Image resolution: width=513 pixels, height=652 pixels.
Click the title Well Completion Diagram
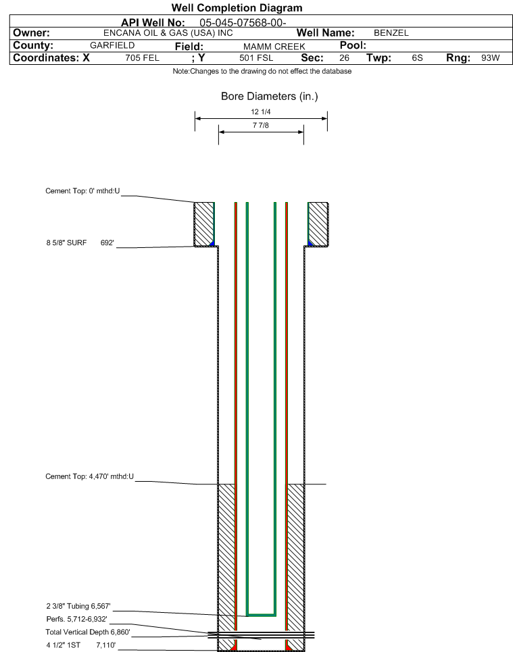(x=237, y=8)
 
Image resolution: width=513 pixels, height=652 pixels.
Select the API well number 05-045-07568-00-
(x=243, y=22)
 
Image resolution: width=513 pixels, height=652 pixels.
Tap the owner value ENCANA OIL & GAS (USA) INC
(x=168, y=33)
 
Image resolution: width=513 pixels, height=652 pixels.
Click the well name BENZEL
(x=391, y=33)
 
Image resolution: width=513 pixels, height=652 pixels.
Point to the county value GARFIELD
(x=112, y=45)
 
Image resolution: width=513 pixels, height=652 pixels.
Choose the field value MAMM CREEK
(x=274, y=47)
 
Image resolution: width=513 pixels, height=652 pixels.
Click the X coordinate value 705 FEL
(x=143, y=58)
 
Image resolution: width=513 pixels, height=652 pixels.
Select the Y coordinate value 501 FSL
(x=256, y=58)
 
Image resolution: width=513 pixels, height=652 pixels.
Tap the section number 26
(x=345, y=58)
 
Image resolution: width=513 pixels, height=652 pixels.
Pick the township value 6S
(x=417, y=58)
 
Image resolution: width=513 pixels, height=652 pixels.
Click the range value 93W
(x=491, y=58)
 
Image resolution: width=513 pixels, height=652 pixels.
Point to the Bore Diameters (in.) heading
(x=269, y=97)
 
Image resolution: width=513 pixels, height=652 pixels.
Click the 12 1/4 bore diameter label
(x=261, y=112)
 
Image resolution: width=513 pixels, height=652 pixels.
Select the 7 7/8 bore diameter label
(x=261, y=125)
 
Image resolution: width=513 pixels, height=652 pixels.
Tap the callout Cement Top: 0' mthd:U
(x=82, y=191)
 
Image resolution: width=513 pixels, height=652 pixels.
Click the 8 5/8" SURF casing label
(x=66, y=243)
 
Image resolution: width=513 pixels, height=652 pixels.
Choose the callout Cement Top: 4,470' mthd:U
(x=89, y=476)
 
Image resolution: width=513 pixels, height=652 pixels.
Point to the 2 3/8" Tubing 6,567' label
(x=78, y=606)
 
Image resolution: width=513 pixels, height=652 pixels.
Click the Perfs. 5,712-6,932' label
(x=76, y=619)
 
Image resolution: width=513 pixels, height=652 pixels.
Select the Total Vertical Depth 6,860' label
(x=88, y=632)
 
